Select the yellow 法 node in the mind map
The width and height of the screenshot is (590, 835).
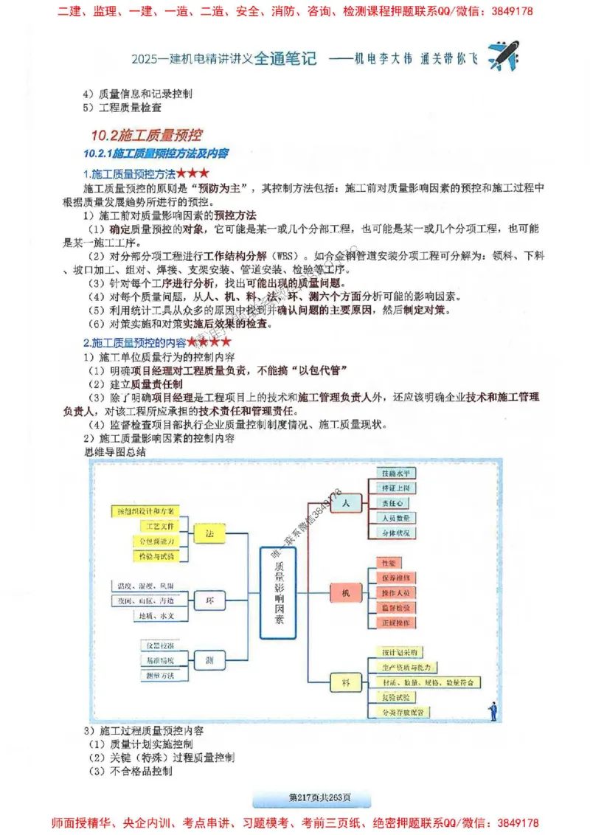coord(209,533)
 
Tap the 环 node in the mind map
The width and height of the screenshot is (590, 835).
coord(209,600)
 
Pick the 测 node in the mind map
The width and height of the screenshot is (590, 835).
coord(209,659)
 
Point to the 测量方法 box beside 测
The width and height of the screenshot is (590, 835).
coord(157,674)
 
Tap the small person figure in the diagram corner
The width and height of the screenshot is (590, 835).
coord(492,711)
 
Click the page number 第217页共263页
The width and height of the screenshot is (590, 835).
coord(310,797)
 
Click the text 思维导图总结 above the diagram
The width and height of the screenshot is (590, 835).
coord(116,451)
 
